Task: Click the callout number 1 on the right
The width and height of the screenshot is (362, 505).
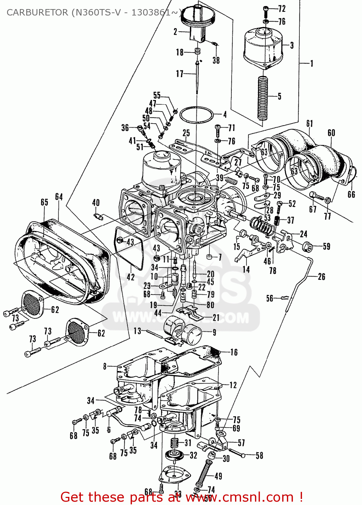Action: tap(312, 63)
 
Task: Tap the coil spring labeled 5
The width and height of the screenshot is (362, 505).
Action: tap(263, 98)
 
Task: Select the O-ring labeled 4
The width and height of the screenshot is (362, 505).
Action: tap(197, 115)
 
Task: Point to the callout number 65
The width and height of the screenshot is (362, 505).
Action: tap(44, 202)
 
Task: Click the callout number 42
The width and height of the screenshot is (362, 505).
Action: tap(131, 277)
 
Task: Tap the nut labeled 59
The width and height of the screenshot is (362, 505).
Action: tap(306, 247)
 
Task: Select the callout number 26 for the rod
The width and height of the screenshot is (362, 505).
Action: tap(322, 277)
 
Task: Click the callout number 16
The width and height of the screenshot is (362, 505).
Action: tap(234, 352)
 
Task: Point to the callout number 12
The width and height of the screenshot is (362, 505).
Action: tap(233, 385)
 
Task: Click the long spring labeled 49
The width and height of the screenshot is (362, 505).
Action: tap(204, 473)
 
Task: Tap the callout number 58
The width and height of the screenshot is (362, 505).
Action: tap(259, 456)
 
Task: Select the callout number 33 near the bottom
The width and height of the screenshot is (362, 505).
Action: tap(178, 494)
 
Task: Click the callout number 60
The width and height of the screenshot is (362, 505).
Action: tap(331, 133)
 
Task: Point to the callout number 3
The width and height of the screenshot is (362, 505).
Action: tap(292, 45)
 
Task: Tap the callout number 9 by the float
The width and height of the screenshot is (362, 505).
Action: tap(215, 333)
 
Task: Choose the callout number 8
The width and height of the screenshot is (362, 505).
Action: tap(105, 366)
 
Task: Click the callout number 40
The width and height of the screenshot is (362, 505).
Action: tap(96, 203)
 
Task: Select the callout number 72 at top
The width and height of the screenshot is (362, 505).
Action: tap(282, 9)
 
